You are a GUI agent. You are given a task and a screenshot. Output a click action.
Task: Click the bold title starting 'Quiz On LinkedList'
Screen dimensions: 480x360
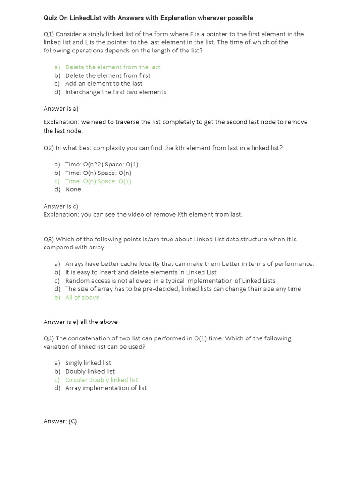(148, 18)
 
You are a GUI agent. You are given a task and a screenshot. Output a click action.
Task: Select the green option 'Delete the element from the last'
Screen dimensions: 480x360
(112, 67)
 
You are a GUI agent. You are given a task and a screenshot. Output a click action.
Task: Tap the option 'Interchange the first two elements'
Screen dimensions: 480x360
(115, 92)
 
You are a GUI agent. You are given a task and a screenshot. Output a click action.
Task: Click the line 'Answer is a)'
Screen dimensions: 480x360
(61, 109)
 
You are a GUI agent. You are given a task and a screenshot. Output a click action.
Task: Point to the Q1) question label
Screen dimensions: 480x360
(49, 34)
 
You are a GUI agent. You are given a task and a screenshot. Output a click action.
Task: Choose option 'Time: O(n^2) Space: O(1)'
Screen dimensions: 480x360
(102, 165)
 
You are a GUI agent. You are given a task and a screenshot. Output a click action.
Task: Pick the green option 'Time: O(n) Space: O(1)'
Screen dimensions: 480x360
(98, 181)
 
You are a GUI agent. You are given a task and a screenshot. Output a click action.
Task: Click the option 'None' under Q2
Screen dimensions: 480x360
(73, 189)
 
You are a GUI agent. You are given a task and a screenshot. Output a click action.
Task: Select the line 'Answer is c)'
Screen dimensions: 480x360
(61, 206)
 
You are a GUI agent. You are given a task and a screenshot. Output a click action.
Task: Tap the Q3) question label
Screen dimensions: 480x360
(49, 239)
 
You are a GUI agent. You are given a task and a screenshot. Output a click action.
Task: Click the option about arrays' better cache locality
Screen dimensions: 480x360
(189, 264)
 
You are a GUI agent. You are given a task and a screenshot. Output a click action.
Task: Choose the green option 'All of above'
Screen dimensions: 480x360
(82, 297)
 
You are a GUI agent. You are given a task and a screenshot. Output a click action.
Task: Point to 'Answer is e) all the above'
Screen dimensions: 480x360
(81, 322)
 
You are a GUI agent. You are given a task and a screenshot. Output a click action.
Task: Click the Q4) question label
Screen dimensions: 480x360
(49, 338)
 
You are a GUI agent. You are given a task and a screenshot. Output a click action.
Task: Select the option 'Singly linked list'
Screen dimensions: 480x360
(88, 363)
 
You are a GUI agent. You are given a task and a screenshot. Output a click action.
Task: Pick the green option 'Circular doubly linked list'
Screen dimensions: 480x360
(102, 380)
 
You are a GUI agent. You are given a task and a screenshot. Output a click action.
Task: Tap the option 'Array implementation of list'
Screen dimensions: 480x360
(106, 388)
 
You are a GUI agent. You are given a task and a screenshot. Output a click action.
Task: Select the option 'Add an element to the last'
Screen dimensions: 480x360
(104, 84)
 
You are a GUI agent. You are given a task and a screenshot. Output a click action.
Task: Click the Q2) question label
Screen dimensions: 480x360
(49, 148)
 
